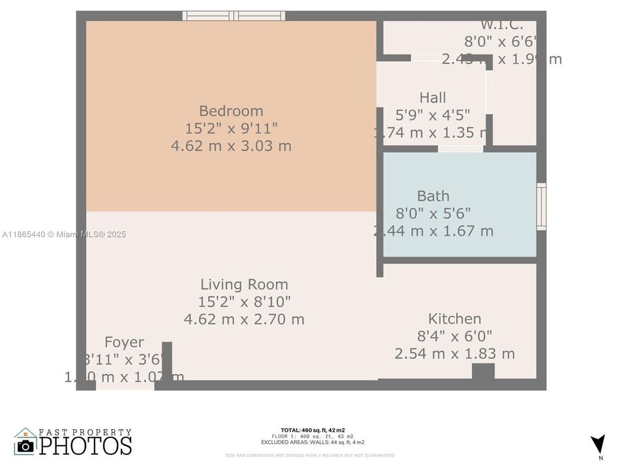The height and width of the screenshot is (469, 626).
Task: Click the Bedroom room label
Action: pos(231,111)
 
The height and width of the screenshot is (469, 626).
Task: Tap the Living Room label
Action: pos(244,284)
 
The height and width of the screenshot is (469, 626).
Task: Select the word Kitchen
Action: pos(455,319)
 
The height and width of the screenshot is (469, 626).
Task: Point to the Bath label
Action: pos(433,195)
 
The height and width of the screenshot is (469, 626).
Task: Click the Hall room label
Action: pos(432,98)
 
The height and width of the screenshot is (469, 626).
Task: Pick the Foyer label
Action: pos(124,343)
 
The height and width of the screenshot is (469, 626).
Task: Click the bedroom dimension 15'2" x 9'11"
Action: pos(231,128)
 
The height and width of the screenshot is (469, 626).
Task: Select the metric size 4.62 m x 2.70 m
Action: pos(244,319)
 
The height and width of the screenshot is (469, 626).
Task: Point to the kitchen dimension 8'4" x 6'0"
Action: pos(455,336)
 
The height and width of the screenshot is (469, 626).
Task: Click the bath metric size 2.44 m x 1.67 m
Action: pos(433,231)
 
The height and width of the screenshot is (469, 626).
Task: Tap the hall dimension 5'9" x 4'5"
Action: pos(432,115)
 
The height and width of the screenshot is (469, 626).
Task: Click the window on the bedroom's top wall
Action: pos(233,16)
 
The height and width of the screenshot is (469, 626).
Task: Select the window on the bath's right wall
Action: pos(541,207)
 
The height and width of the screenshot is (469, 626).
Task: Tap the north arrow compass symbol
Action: pos(597,445)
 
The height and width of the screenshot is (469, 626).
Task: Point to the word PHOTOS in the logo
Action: pos(85,446)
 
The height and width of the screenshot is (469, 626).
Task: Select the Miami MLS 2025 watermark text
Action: pos(64,234)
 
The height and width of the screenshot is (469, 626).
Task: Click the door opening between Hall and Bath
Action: pos(460,149)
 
